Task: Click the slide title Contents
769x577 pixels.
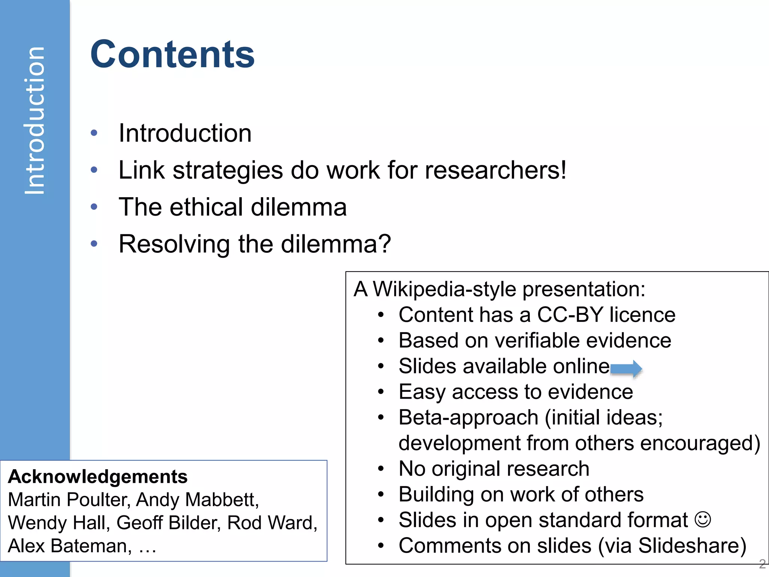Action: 172,55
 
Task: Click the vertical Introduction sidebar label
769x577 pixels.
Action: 35,121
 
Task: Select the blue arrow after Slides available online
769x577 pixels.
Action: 626,369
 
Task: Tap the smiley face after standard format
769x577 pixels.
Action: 703,520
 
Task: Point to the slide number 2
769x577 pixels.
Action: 762,564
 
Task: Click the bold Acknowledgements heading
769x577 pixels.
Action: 98,477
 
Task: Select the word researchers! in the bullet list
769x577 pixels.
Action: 496,170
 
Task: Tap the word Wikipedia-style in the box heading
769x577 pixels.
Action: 445,289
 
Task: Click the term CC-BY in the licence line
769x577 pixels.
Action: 570,315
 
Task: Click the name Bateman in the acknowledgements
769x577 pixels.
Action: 91,546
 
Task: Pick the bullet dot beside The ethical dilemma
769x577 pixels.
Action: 94,207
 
